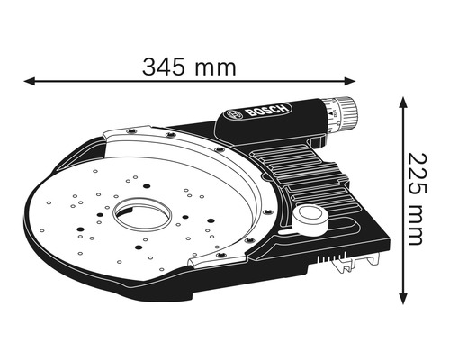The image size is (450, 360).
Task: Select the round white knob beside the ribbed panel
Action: (311, 216)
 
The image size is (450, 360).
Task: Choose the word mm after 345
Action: (219, 67)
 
